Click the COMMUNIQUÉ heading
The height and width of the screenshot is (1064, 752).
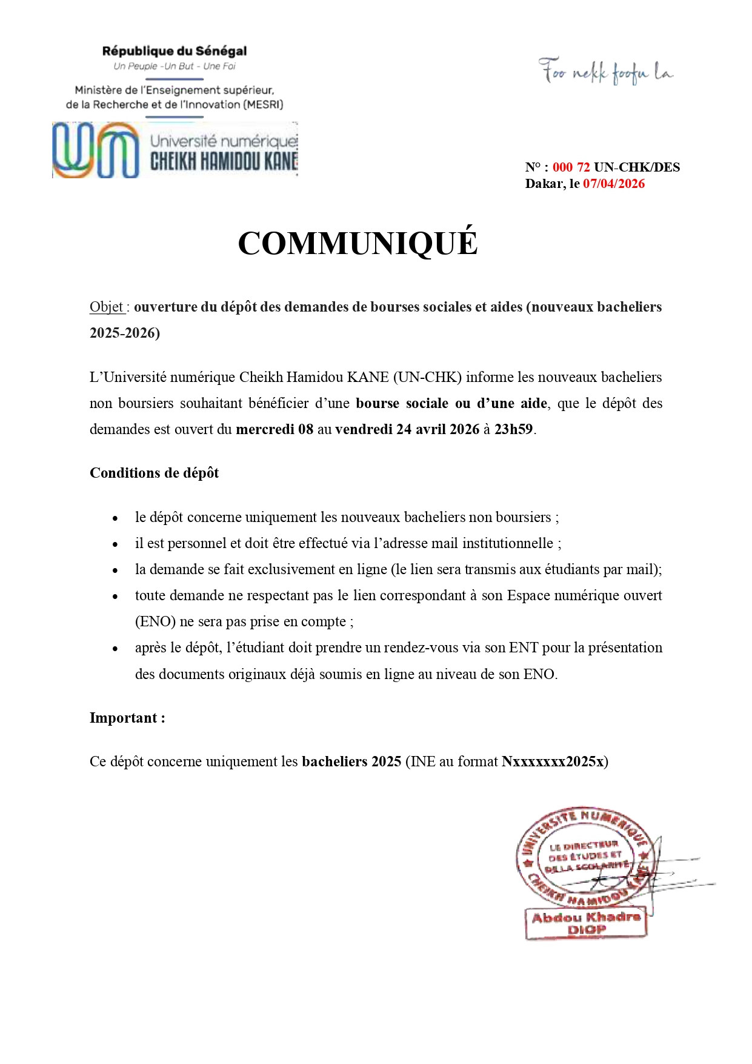(x=358, y=244)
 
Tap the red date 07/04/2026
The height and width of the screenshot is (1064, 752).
(x=613, y=184)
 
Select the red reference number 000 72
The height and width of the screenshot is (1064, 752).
(x=571, y=167)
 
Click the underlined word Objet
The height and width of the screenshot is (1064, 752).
(x=107, y=307)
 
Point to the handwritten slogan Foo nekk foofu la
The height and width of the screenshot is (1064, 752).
(x=605, y=72)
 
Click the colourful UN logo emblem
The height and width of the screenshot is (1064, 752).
(x=96, y=150)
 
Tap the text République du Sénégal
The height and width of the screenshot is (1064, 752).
(x=175, y=52)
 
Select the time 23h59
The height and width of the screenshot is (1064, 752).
(x=513, y=429)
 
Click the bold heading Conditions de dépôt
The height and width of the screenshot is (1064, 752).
(x=154, y=473)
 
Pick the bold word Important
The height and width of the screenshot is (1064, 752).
(x=124, y=718)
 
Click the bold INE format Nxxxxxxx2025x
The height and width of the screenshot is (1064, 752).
(x=553, y=761)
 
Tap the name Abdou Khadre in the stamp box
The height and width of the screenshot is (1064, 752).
(x=586, y=917)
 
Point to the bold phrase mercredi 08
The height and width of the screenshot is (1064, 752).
(x=275, y=429)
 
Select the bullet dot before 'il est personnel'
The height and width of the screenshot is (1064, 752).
(x=115, y=544)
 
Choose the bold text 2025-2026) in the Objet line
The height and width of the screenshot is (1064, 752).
(x=125, y=333)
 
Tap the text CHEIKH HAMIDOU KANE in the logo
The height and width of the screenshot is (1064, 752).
(x=224, y=161)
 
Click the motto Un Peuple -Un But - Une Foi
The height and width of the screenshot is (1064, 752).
(x=175, y=66)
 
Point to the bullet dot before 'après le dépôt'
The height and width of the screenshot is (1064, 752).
(x=115, y=649)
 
